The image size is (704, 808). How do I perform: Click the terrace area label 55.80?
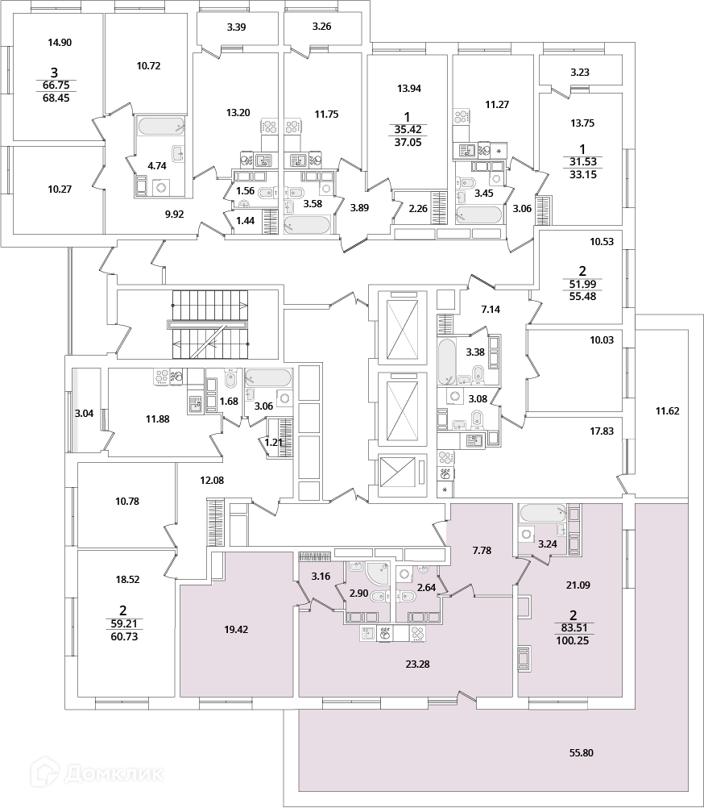[x=581, y=752]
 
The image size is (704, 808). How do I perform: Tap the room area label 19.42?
[x=234, y=630]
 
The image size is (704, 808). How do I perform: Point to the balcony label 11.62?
[x=667, y=411]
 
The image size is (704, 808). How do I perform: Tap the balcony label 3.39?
[x=236, y=27]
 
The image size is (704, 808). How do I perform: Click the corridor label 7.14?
[x=492, y=310]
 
